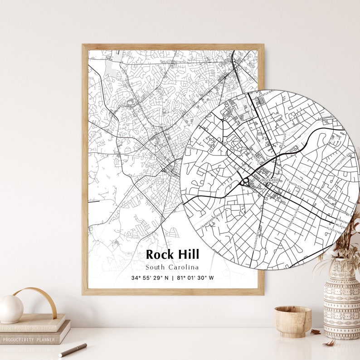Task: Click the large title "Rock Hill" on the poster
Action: click(172, 254)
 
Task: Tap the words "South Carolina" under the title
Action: click(172, 267)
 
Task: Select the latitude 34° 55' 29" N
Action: click(150, 278)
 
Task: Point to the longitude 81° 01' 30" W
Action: click(196, 278)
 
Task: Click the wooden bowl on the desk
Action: click(292, 321)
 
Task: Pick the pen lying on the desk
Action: click(73, 350)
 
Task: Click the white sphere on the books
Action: click(11, 309)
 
